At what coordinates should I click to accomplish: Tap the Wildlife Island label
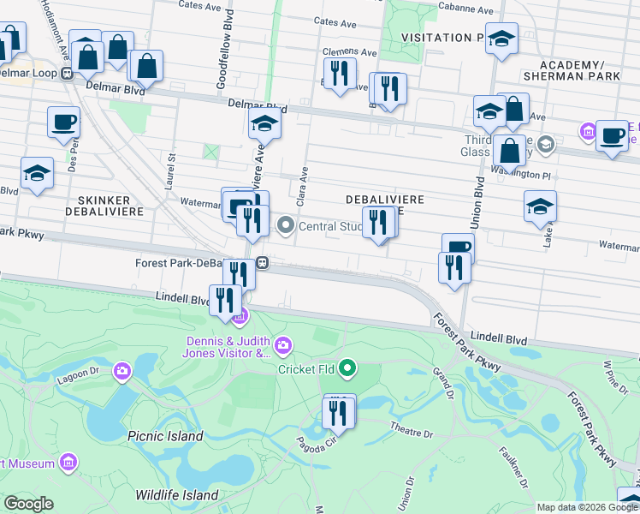pyautogui.click(x=177, y=495)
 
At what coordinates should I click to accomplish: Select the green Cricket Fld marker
pyautogui.click(x=347, y=369)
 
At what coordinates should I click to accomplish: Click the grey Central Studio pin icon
pyautogui.click(x=285, y=226)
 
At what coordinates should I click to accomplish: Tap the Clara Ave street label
pyautogui.click(x=302, y=184)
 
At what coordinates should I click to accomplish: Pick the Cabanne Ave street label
pyautogui.click(x=465, y=10)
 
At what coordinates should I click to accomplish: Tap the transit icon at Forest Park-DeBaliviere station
pyautogui.click(x=265, y=263)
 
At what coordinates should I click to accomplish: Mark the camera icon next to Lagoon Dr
pyautogui.click(x=123, y=370)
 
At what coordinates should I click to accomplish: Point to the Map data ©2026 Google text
pyautogui.click(x=587, y=507)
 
